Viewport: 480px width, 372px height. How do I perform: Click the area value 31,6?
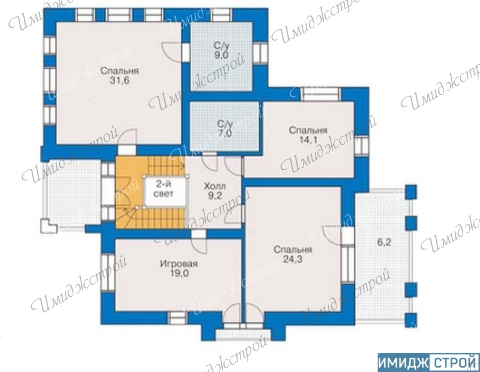tap(119, 80)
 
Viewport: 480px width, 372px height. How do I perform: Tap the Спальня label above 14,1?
tap(308, 131)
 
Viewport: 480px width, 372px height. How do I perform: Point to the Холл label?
tap(215, 186)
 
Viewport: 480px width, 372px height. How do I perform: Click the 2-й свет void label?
tap(164, 189)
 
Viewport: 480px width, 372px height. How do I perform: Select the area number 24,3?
tap(293, 260)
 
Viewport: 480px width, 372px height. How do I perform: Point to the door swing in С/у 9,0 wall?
tap(173, 51)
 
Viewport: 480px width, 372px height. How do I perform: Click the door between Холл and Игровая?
tap(200, 241)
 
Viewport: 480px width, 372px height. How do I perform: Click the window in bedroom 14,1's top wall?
tap(321, 94)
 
